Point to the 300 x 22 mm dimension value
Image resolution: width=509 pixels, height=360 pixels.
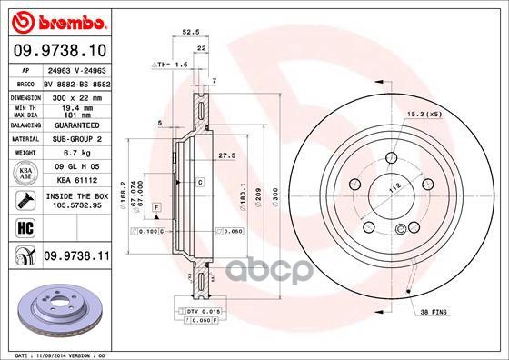pyautogui.click(x=74, y=95)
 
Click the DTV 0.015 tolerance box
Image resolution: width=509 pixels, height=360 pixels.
pyautogui.click(x=202, y=311)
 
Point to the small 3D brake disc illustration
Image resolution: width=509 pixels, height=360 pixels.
pyautogui.click(x=55, y=308)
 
